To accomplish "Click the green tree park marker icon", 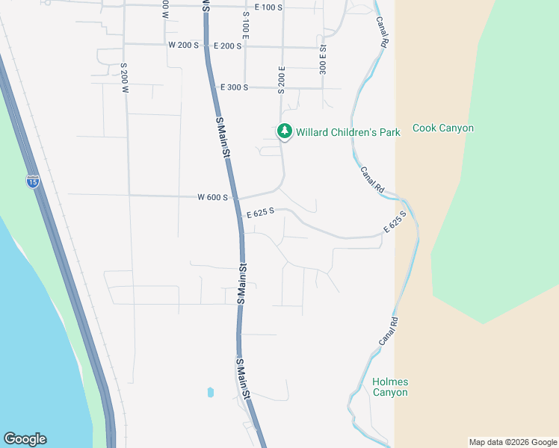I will [x=284, y=131].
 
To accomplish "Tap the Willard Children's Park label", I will [x=348, y=132].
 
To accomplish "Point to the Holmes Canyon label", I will [x=390, y=387].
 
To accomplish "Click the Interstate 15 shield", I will [x=32, y=181].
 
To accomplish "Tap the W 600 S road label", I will [x=212, y=198].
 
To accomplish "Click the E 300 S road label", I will [x=232, y=87].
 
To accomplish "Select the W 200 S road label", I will [x=183, y=46].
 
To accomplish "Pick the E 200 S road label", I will [x=227, y=46].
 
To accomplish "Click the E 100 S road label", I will [x=268, y=7].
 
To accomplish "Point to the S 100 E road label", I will [x=246, y=26].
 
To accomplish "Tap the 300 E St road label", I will [x=323, y=57].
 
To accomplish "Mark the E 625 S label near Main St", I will [x=260, y=212].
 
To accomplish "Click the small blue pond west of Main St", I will [x=210, y=391].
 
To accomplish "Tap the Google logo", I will [x=25, y=439].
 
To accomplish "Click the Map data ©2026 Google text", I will [x=512, y=442].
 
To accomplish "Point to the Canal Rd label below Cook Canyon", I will [x=371, y=180].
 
